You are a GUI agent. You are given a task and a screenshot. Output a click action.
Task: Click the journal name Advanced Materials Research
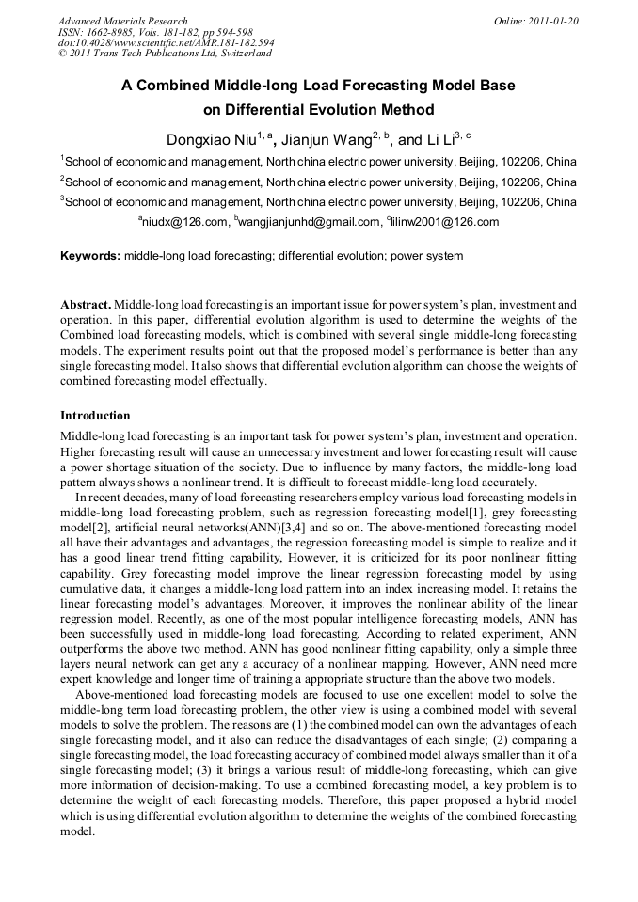122,21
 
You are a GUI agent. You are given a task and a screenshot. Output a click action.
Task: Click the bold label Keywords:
90,256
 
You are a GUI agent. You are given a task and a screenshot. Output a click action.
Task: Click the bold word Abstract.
86,305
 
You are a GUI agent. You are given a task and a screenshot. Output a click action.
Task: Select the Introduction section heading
95,415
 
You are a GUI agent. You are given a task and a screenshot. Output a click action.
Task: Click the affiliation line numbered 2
319,182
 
